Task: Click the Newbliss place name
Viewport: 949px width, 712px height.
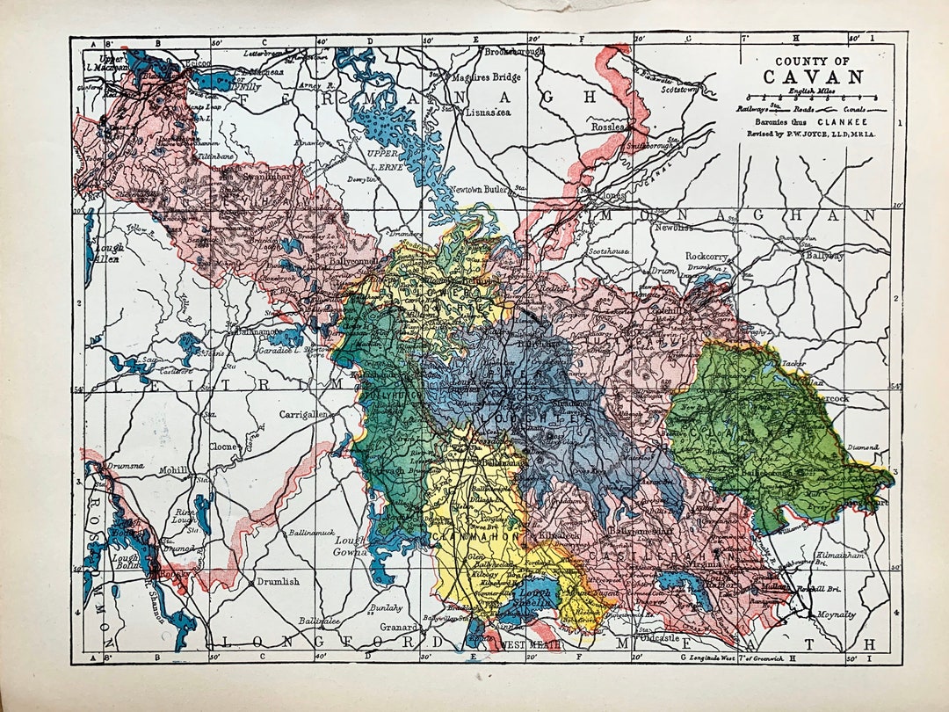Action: [x=674, y=227]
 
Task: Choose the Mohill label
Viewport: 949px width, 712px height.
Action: [x=174, y=470]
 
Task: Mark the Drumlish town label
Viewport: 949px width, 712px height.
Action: [x=278, y=581]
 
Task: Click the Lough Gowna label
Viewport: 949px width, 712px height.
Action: [x=348, y=546]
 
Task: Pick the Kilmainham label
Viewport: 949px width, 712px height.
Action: [x=844, y=556]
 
